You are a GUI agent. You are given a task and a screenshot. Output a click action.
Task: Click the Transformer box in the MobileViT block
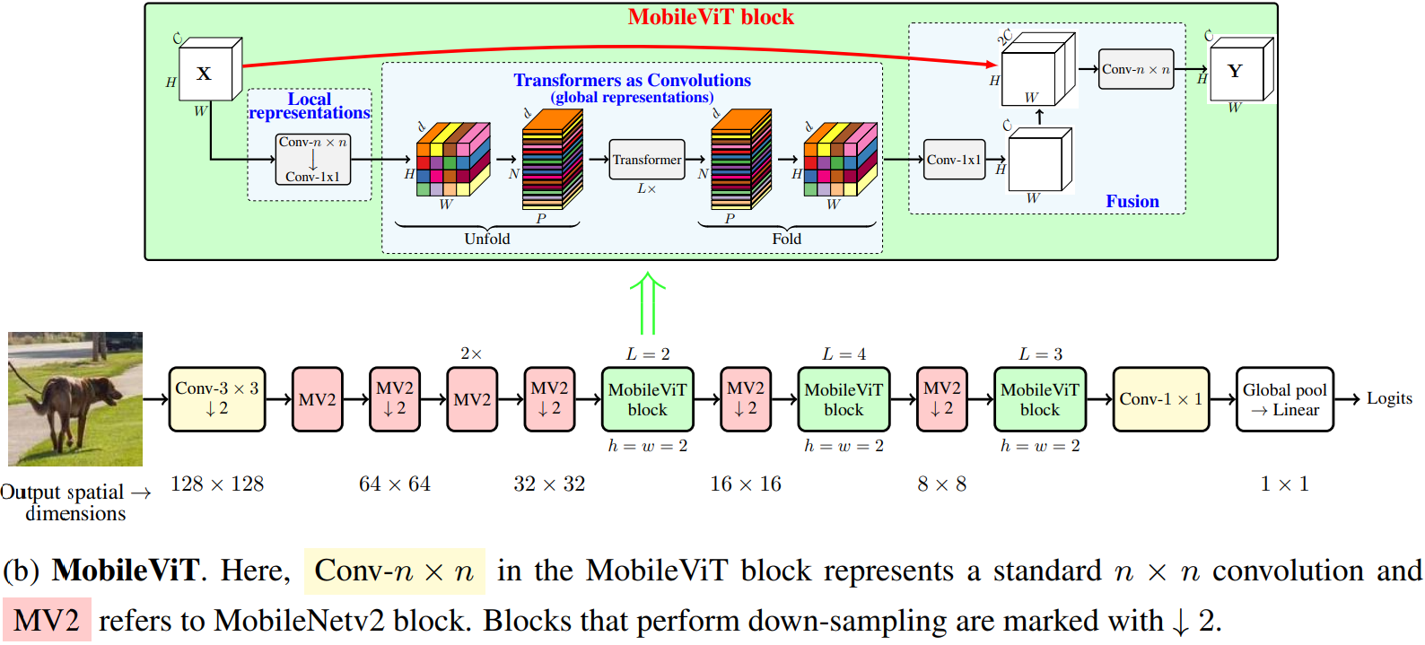[647, 160]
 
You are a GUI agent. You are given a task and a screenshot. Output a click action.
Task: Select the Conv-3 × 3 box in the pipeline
[217, 399]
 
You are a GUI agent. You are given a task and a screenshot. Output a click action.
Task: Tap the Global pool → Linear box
[1284, 399]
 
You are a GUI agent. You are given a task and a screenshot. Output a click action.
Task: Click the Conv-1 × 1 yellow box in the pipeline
[1160, 399]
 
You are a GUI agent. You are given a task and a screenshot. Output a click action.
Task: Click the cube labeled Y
[1237, 71]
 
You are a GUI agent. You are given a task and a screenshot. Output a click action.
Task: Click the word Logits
[1389, 398]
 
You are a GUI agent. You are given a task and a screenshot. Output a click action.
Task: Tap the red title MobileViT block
[711, 17]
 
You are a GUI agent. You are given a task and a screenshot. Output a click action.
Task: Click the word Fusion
[1132, 202]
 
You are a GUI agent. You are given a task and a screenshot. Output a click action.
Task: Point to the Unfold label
[487, 239]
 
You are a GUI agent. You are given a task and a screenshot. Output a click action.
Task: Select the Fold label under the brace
[786, 239]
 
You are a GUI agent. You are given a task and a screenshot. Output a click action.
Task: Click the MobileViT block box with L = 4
[844, 399]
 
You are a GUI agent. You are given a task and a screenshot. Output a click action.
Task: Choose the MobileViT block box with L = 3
[1040, 399]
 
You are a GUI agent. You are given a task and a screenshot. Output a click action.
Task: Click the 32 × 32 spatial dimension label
[549, 484]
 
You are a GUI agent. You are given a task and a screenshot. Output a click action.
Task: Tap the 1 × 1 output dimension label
[1284, 484]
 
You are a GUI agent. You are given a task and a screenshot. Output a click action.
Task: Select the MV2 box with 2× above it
[472, 399]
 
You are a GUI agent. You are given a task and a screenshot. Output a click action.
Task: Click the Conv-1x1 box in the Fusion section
[954, 160]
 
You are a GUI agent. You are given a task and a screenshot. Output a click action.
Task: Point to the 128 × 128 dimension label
[217, 484]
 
